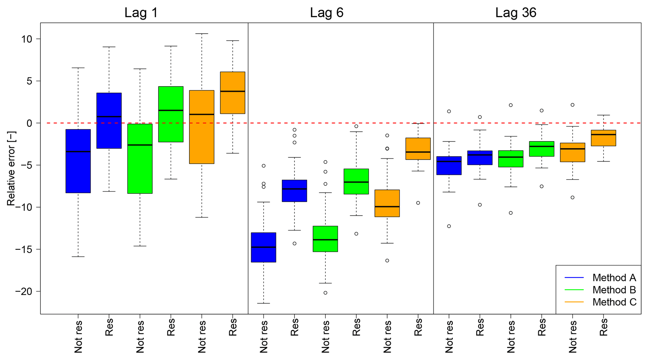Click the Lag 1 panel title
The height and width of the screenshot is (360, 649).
click(141, 13)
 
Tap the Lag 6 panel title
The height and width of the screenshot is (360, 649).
click(327, 13)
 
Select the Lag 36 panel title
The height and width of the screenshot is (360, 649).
click(516, 13)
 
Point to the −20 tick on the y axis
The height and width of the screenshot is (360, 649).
click(24, 292)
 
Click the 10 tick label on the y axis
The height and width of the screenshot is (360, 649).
click(27, 39)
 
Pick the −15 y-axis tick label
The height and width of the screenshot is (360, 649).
click(24, 250)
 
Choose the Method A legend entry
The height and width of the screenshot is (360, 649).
click(614, 278)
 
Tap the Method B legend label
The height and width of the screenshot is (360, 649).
click(614, 290)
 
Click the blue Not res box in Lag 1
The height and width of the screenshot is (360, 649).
click(78, 161)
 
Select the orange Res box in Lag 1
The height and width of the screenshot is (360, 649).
click(233, 93)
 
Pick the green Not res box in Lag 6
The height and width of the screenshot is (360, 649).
click(325, 239)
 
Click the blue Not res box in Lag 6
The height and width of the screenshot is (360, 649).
click(264, 247)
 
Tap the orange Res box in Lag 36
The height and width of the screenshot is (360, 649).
click(603, 138)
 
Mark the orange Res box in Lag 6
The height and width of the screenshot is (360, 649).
click(418, 149)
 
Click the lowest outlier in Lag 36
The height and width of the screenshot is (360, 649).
click(449, 226)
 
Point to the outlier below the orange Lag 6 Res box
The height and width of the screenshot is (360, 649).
click(418, 203)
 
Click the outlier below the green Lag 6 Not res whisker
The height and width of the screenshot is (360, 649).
click(325, 293)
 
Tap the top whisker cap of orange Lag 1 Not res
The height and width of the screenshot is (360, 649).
click(202, 34)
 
